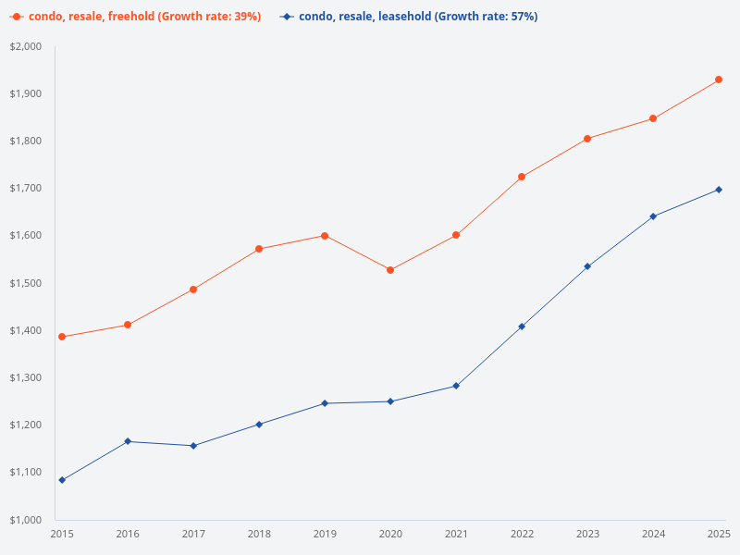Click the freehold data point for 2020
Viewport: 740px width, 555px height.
pos(390,270)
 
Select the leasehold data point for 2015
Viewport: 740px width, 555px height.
pos(62,480)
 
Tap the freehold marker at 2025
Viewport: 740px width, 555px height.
pos(719,80)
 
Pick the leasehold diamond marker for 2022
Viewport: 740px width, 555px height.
pos(522,327)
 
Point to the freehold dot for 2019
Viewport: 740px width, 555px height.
pos(325,236)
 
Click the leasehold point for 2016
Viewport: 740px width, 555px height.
pos(128,441)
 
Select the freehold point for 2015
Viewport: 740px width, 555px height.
pos(62,337)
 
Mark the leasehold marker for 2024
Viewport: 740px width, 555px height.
pos(653,216)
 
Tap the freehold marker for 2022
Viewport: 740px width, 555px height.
pos(522,177)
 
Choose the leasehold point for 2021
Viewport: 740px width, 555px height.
pos(456,386)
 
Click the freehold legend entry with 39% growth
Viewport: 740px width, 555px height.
pos(144,17)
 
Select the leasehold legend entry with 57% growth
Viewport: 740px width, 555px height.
pos(417,17)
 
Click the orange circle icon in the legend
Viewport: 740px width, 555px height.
pos(16,17)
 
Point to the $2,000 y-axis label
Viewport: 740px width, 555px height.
pos(26,46)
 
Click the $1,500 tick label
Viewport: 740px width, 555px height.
pos(26,283)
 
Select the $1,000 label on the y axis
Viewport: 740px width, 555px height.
pos(26,519)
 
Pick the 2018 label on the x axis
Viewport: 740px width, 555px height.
pos(259,534)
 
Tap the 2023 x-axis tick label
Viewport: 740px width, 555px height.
pos(587,534)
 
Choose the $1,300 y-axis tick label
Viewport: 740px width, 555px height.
pos(26,377)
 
